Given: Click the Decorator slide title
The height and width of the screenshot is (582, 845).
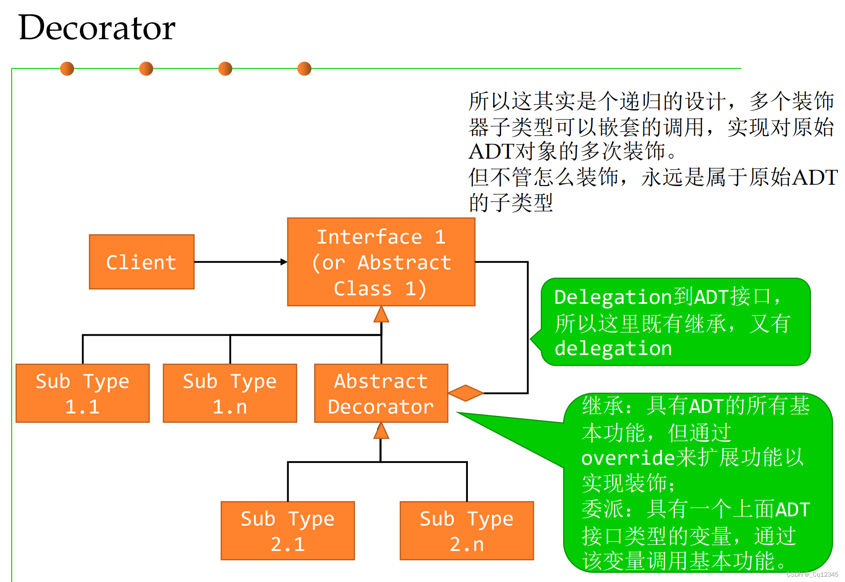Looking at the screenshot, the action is click(97, 28).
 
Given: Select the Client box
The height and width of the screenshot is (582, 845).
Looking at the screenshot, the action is click(142, 262).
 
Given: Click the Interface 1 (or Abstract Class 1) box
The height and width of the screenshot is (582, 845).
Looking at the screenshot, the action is click(381, 262).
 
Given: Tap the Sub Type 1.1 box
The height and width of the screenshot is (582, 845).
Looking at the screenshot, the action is click(83, 393).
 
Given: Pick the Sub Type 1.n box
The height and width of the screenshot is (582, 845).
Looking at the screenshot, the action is click(230, 393).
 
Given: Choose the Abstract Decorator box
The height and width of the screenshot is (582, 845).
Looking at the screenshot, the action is click(381, 393).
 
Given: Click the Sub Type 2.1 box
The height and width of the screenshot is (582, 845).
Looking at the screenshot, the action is click(288, 531).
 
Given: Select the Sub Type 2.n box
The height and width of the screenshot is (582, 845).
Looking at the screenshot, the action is click(467, 531).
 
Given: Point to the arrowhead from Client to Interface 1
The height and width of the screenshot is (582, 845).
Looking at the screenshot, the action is click(284, 262).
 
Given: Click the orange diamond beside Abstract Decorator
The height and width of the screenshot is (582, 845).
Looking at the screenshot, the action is click(466, 393).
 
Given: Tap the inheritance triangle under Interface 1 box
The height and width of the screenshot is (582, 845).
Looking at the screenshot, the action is click(381, 315).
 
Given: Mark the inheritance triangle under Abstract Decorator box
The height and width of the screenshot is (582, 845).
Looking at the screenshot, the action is click(381, 431).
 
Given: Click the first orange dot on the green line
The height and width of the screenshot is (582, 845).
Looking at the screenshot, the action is click(67, 69).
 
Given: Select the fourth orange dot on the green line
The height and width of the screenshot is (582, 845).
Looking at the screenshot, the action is click(304, 69).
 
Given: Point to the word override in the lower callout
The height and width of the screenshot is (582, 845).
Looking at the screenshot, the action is click(628, 458).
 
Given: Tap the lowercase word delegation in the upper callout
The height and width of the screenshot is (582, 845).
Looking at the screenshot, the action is click(613, 349).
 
